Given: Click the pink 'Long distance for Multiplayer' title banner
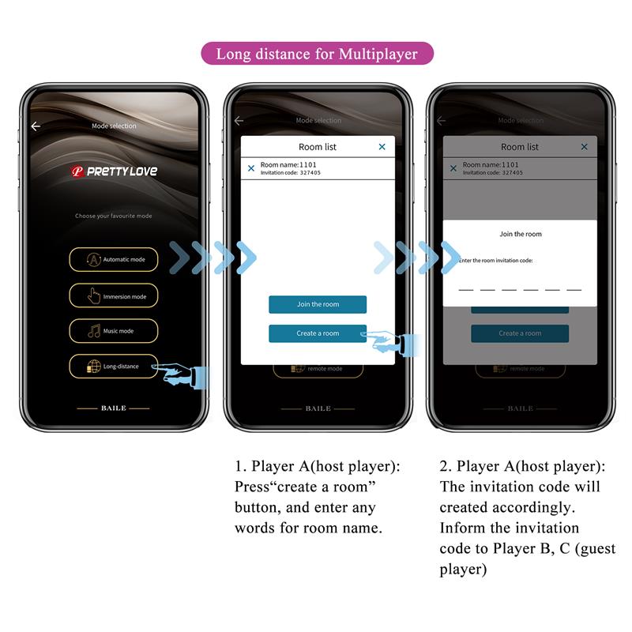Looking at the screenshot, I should point(316,55).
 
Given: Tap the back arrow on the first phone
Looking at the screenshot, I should point(36,126).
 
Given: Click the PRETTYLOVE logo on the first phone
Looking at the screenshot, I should point(115,171).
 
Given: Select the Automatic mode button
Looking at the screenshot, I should point(114,260).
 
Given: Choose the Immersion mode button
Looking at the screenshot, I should point(114,296).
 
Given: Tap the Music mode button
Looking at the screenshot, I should point(114,331).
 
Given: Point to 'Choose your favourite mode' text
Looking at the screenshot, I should point(114,216).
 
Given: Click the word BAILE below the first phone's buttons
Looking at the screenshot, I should point(114,408).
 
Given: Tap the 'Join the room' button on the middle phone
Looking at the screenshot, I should point(318,304).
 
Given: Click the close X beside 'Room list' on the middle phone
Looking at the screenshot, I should point(382,147).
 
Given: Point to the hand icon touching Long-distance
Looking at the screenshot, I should point(182,373).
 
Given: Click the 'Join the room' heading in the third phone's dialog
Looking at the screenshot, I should point(521,235).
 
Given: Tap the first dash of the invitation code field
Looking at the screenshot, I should point(466,290).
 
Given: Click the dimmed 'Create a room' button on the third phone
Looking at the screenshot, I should point(520,333).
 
